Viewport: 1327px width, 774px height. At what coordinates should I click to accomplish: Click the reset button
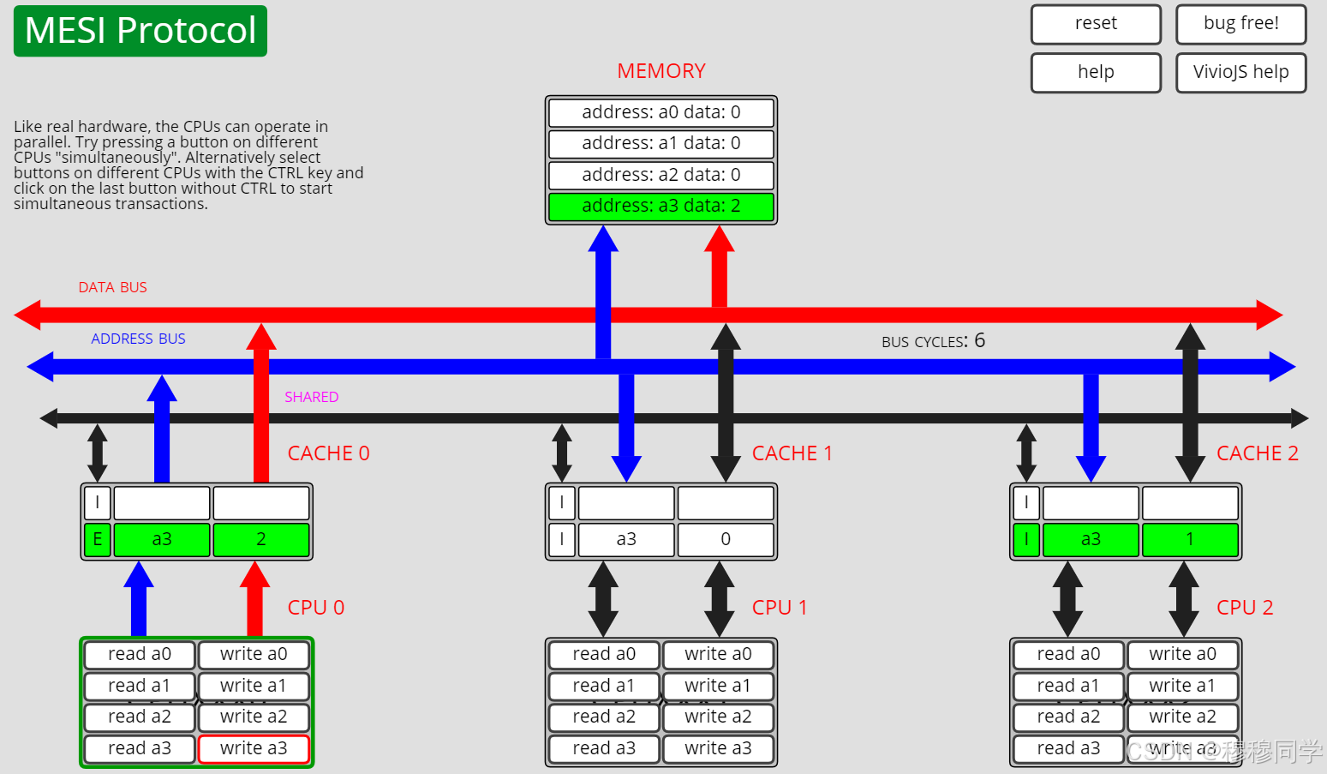[1096, 24]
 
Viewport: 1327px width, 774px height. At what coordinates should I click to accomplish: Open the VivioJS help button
[1240, 73]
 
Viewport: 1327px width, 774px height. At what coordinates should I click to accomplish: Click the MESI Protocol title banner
[140, 31]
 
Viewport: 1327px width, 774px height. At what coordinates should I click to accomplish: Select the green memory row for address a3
[661, 207]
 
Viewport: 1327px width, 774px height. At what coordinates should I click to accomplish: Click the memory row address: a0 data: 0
[661, 112]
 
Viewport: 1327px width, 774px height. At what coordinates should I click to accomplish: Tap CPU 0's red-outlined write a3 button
[254, 748]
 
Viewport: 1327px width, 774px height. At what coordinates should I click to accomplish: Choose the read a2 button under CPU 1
[604, 717]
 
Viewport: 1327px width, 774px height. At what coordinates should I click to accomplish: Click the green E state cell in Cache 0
[97, 539]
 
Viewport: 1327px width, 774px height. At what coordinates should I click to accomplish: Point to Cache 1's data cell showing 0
[726, 539]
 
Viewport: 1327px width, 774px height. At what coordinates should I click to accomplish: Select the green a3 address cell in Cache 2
[1091, 539]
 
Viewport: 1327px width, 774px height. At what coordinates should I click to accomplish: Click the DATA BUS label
[112, 288]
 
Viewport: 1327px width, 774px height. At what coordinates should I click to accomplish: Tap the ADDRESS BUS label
[138, 339]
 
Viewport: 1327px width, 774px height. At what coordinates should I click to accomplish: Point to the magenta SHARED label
[311, 397]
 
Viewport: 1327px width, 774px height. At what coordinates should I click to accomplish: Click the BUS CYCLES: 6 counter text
[933, 341]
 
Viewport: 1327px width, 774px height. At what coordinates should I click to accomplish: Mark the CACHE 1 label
[792, 453]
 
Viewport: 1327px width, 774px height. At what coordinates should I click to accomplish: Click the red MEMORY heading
[661, 71]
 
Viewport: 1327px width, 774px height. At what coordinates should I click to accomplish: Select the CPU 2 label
[1244, 608]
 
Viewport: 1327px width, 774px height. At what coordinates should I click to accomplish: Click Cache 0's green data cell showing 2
[261, 539]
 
